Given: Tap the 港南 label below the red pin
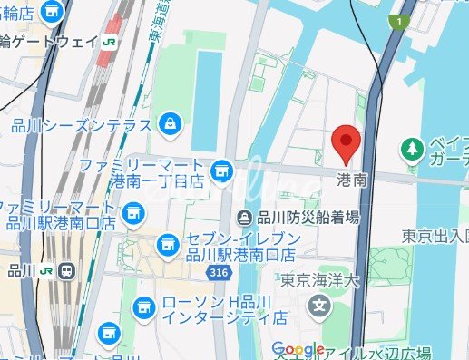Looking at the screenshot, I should (352, 180).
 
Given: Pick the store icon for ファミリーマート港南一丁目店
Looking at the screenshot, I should (220, 170).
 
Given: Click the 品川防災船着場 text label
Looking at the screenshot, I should (308, 218).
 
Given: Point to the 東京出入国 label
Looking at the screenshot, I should (435, 236).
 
